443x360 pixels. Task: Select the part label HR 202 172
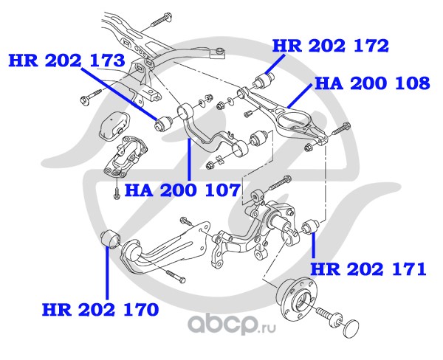[x=330, y=46]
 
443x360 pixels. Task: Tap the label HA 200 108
[x=372, y=83]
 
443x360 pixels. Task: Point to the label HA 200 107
[x=182, y=190]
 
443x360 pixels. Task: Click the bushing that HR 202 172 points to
[x=268, y=77]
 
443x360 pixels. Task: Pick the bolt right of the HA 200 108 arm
[x=340, y=131]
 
